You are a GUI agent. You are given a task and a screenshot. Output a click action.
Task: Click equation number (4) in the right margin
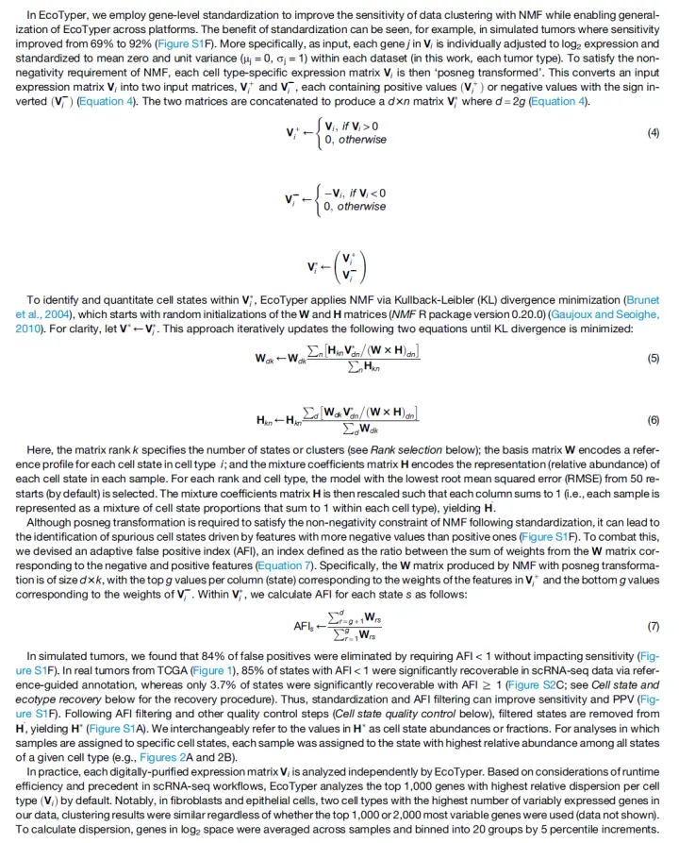(653, 132)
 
